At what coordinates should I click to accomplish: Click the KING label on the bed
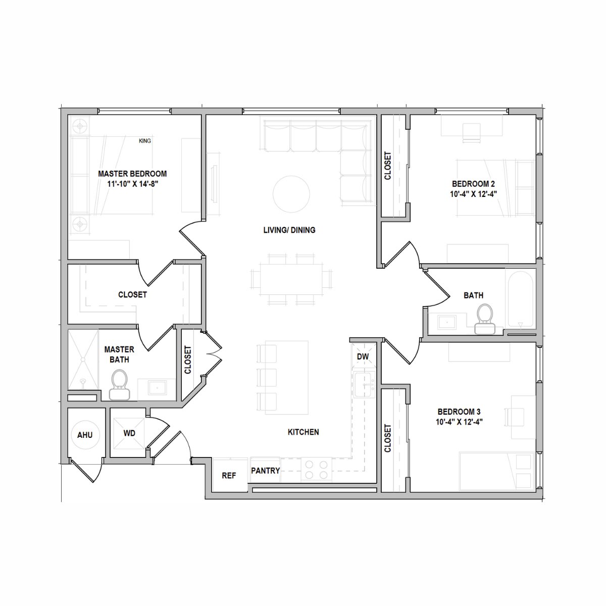coord(144,141)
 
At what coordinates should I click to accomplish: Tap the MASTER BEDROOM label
coord(132,174)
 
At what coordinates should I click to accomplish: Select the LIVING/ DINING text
coord(289,230)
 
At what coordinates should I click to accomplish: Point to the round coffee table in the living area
coord(291,194)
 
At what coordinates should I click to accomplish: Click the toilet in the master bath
coord(120,385)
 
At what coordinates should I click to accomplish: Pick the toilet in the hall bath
coord(485,319)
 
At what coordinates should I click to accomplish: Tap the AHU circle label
coord(85,435)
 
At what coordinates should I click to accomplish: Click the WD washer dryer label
coord(129,433)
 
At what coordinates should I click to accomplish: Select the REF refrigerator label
coord(229,476)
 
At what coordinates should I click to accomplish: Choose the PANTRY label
coord(266,471)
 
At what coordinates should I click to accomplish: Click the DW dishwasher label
coord(363,357)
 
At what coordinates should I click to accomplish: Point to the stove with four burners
coord(316,470)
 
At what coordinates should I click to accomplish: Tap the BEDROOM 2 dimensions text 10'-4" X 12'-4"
coord(473,194)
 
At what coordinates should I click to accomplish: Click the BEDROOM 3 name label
coord(459,412)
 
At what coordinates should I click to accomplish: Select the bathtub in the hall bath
coord(521,299)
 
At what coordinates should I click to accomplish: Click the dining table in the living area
coord(291,279)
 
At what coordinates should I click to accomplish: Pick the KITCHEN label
coord(303,432)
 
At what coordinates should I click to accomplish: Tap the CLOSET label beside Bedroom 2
coord(388,166)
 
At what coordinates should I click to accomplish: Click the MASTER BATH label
coord(119,355)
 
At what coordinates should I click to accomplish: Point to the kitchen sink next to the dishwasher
coord(365,385)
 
